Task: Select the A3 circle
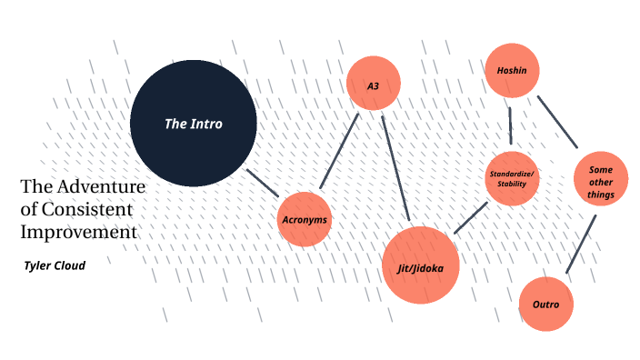374,85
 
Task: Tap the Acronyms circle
304,220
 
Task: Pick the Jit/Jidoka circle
420,265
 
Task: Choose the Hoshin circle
513,70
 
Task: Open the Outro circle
545,304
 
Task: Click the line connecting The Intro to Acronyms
263,181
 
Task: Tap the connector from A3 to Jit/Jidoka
396,167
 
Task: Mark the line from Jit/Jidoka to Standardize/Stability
471,218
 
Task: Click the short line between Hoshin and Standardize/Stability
510,125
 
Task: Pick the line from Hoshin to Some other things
557,121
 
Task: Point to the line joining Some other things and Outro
581,244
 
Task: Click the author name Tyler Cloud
54,265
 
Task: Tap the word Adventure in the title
101,186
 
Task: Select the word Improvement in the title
79,232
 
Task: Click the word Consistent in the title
85,209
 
